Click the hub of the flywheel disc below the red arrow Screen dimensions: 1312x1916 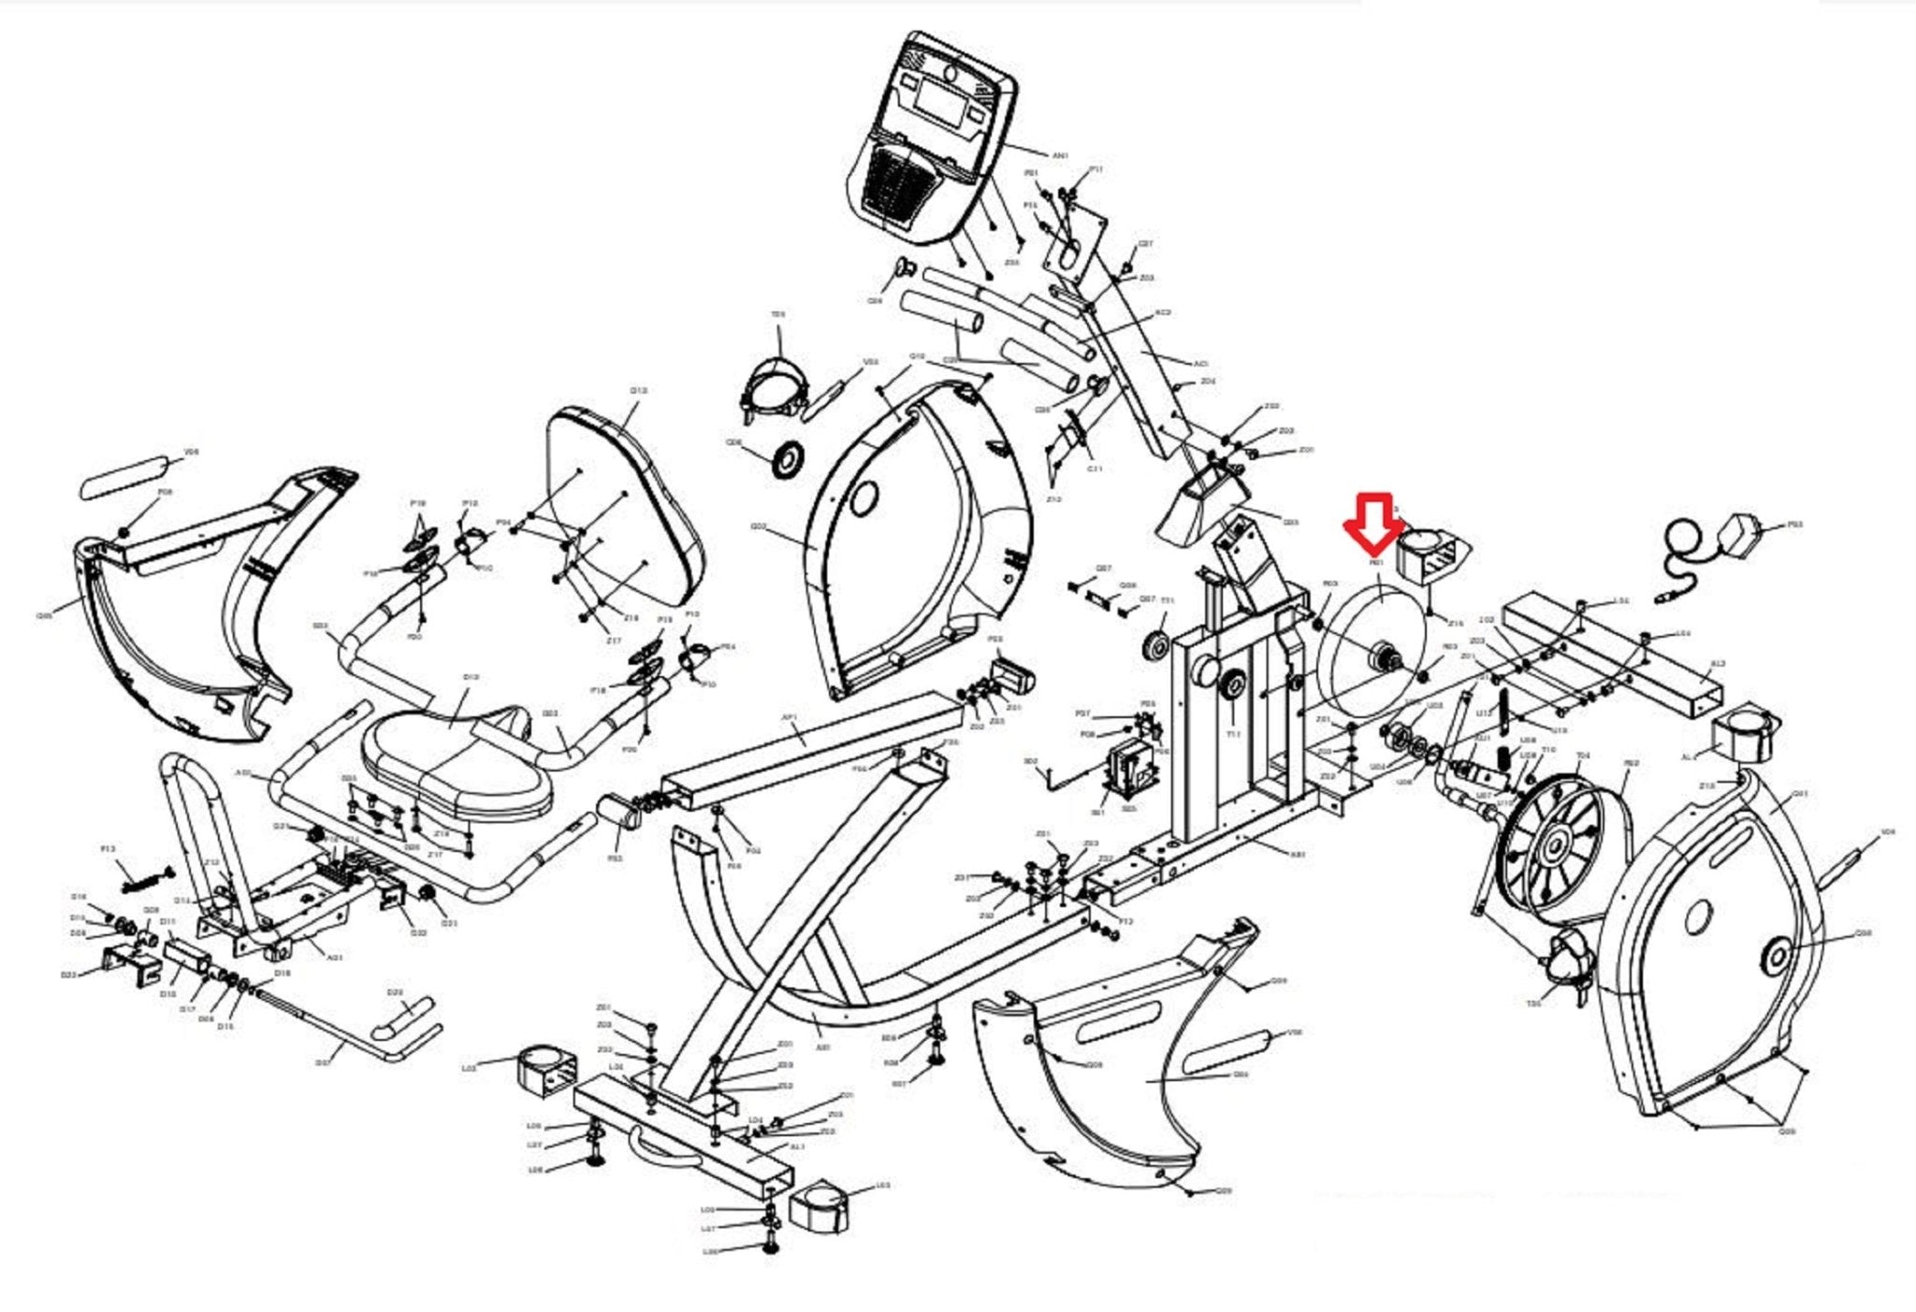point(1382,659)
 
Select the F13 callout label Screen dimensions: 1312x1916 point(108,849)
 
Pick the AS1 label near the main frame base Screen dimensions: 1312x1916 point(1297,854)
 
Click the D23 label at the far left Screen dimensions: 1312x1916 point(67,974)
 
